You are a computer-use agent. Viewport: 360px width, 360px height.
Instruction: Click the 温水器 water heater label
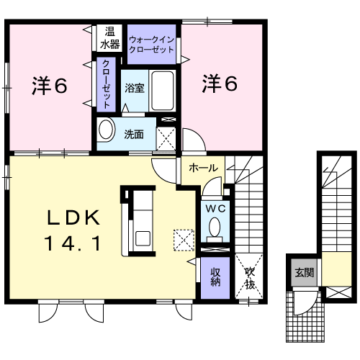pyautogui.click(x=109, y=38)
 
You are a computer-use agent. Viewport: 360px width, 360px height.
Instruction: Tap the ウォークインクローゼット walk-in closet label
pyautogui.click(x=151, y=45)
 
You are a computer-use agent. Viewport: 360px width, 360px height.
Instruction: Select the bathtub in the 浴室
pyautogui.click(x=163, y=91)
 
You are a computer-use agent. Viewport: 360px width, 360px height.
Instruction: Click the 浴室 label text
pyautogui.click(x=135, y=88)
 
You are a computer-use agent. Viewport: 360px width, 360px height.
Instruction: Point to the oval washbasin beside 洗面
pyautogui.click(x=106, y=130)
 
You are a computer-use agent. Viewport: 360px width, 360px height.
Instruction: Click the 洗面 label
pyautogui.click(x=134, y=134)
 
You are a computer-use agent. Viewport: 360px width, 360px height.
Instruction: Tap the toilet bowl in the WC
pyautogui.click(x=215, y=227)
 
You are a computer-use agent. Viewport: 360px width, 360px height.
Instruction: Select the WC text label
pyautogui.click(x=215, y=209)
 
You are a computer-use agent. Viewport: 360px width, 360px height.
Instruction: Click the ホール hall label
pyautogui.click(x=203, y=168)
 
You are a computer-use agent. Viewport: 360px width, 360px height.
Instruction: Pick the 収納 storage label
pyautogui.click(x=215, y=277)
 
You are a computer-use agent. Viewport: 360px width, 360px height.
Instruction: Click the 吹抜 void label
pyautogui.click(x=250, y=279)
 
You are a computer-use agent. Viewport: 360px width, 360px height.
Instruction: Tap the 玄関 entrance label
pyautogui.click(x=305, y=272)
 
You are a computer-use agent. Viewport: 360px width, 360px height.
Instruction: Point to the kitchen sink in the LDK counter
pyautogui.click(x=143, y=238)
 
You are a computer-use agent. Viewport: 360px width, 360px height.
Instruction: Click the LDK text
pyautogui.click(x=73, y=217)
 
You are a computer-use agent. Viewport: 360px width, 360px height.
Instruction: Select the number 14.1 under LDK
pyautogui.click(x=72, y=243)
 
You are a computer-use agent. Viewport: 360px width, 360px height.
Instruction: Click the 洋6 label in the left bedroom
pyautogui.click(x=50, y=86)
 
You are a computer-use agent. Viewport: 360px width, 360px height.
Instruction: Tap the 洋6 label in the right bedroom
pyautogui.click(x=220, y=84)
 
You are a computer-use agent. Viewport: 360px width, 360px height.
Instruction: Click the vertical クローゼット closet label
pyautogui.click(x=106, y=84)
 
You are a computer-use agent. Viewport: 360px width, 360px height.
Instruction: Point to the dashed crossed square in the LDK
pyautogui.click(x=184, y=240)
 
